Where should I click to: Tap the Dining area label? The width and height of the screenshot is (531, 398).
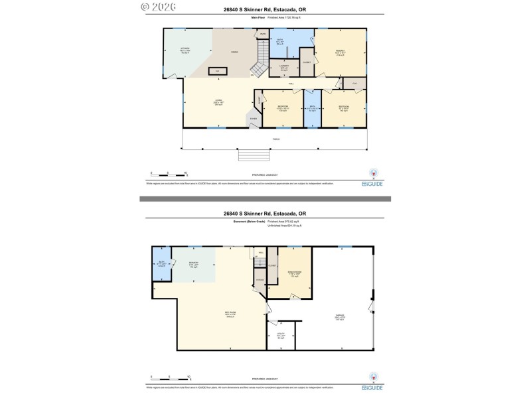point(234,52)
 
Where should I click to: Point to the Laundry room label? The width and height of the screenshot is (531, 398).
point(284,68)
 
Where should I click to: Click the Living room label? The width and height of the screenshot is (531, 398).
point(217,102)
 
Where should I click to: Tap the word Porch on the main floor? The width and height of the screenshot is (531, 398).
point(275,139)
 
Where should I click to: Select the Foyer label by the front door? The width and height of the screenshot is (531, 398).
point(254,119)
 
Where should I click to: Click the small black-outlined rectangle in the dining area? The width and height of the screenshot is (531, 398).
point(216,70)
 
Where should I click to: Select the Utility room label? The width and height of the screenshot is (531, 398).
point(280,336)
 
